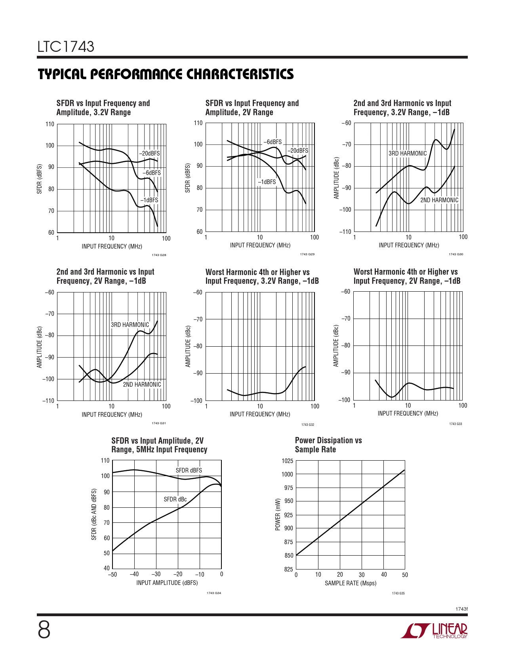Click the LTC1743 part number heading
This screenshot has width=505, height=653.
click(66, 47)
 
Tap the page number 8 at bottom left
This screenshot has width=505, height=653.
click(44, 630)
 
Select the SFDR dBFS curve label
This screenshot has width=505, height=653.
click(189, 470)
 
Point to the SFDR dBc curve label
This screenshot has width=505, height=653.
click(175, 499)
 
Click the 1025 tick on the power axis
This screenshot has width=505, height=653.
click(287, 461)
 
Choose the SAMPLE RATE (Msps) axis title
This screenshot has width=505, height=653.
click(351, 583)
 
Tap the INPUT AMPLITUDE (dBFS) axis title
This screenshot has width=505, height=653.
click(167, 583)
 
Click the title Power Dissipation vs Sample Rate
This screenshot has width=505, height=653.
click(328, 445)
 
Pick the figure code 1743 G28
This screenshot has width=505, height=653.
click(159, 255)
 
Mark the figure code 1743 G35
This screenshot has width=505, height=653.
click(398, 593)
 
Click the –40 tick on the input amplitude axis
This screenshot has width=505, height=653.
click(134, 574)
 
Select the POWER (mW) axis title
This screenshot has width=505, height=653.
click(278, 514)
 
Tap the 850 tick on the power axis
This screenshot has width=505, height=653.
click(288, 555)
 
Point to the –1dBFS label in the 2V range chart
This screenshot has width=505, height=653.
click(267, 182)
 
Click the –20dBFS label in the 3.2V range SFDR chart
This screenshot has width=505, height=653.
click(149, 154)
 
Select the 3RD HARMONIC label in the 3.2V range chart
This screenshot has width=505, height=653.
click(407, 154)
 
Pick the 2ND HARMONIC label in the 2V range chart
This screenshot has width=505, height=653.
click(142, 384)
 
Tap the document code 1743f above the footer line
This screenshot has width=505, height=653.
click(461, 609)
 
